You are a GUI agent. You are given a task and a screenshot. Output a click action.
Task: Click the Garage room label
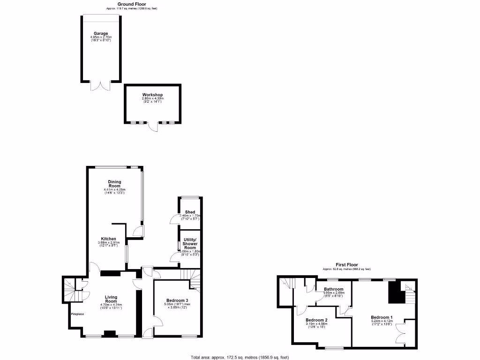point(101,34)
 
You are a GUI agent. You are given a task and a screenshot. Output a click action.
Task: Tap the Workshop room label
point(153,95)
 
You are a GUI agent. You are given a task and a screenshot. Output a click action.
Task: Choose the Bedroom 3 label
point(177,300)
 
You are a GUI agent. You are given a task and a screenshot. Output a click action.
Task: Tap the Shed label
point(190,212)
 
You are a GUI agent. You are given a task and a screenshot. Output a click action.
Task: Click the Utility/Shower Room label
point(190,244)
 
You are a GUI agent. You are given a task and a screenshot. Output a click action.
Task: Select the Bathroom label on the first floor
point(334,289)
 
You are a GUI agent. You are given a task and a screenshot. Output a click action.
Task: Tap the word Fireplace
point(77,314)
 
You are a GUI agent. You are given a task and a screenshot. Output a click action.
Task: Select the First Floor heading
point(346,265)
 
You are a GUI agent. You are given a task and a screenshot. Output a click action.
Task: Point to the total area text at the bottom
point(240,357)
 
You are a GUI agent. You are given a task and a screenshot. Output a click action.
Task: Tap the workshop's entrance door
point(152,127)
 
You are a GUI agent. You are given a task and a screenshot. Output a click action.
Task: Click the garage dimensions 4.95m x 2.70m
point(101,37)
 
